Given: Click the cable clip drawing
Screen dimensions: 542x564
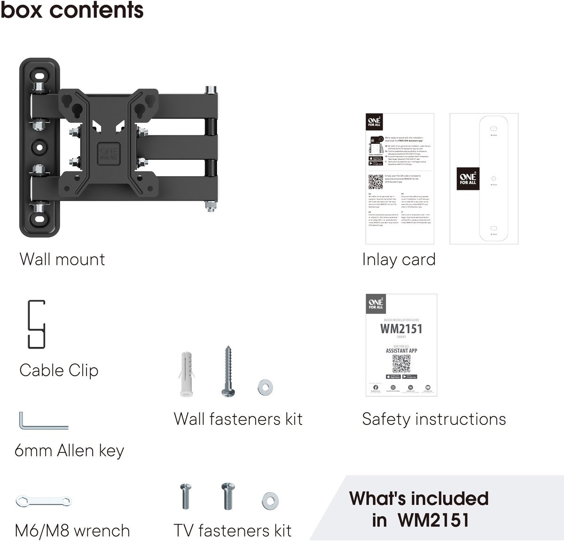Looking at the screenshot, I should [36, 324].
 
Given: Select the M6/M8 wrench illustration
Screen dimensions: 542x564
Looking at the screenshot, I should [43, 501].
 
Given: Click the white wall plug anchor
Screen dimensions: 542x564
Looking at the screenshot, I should [187, 373].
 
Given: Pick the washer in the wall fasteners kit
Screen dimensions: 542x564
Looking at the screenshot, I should [266, 387].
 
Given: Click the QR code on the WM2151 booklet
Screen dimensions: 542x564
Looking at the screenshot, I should [401, 363].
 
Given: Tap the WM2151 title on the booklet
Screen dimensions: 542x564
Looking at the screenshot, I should [401, 329].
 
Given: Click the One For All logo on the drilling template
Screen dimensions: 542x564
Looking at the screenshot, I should [468, 179].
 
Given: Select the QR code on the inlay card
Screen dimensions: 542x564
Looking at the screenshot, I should [376, 181].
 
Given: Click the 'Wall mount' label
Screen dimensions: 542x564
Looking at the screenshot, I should [62, 259].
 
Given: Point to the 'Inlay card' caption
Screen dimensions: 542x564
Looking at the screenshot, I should [399, 259].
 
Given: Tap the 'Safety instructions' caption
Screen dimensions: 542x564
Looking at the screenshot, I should [434, 419].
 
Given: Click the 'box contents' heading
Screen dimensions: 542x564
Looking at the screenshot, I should [72, 10].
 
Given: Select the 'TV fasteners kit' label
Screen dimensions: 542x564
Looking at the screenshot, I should [233, 531].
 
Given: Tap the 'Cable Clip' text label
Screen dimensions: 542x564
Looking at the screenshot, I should [59, 370].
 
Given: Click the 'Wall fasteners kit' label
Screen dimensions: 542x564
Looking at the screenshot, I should [238, 419].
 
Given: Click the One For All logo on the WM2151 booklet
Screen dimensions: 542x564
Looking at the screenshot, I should [376, 303].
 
